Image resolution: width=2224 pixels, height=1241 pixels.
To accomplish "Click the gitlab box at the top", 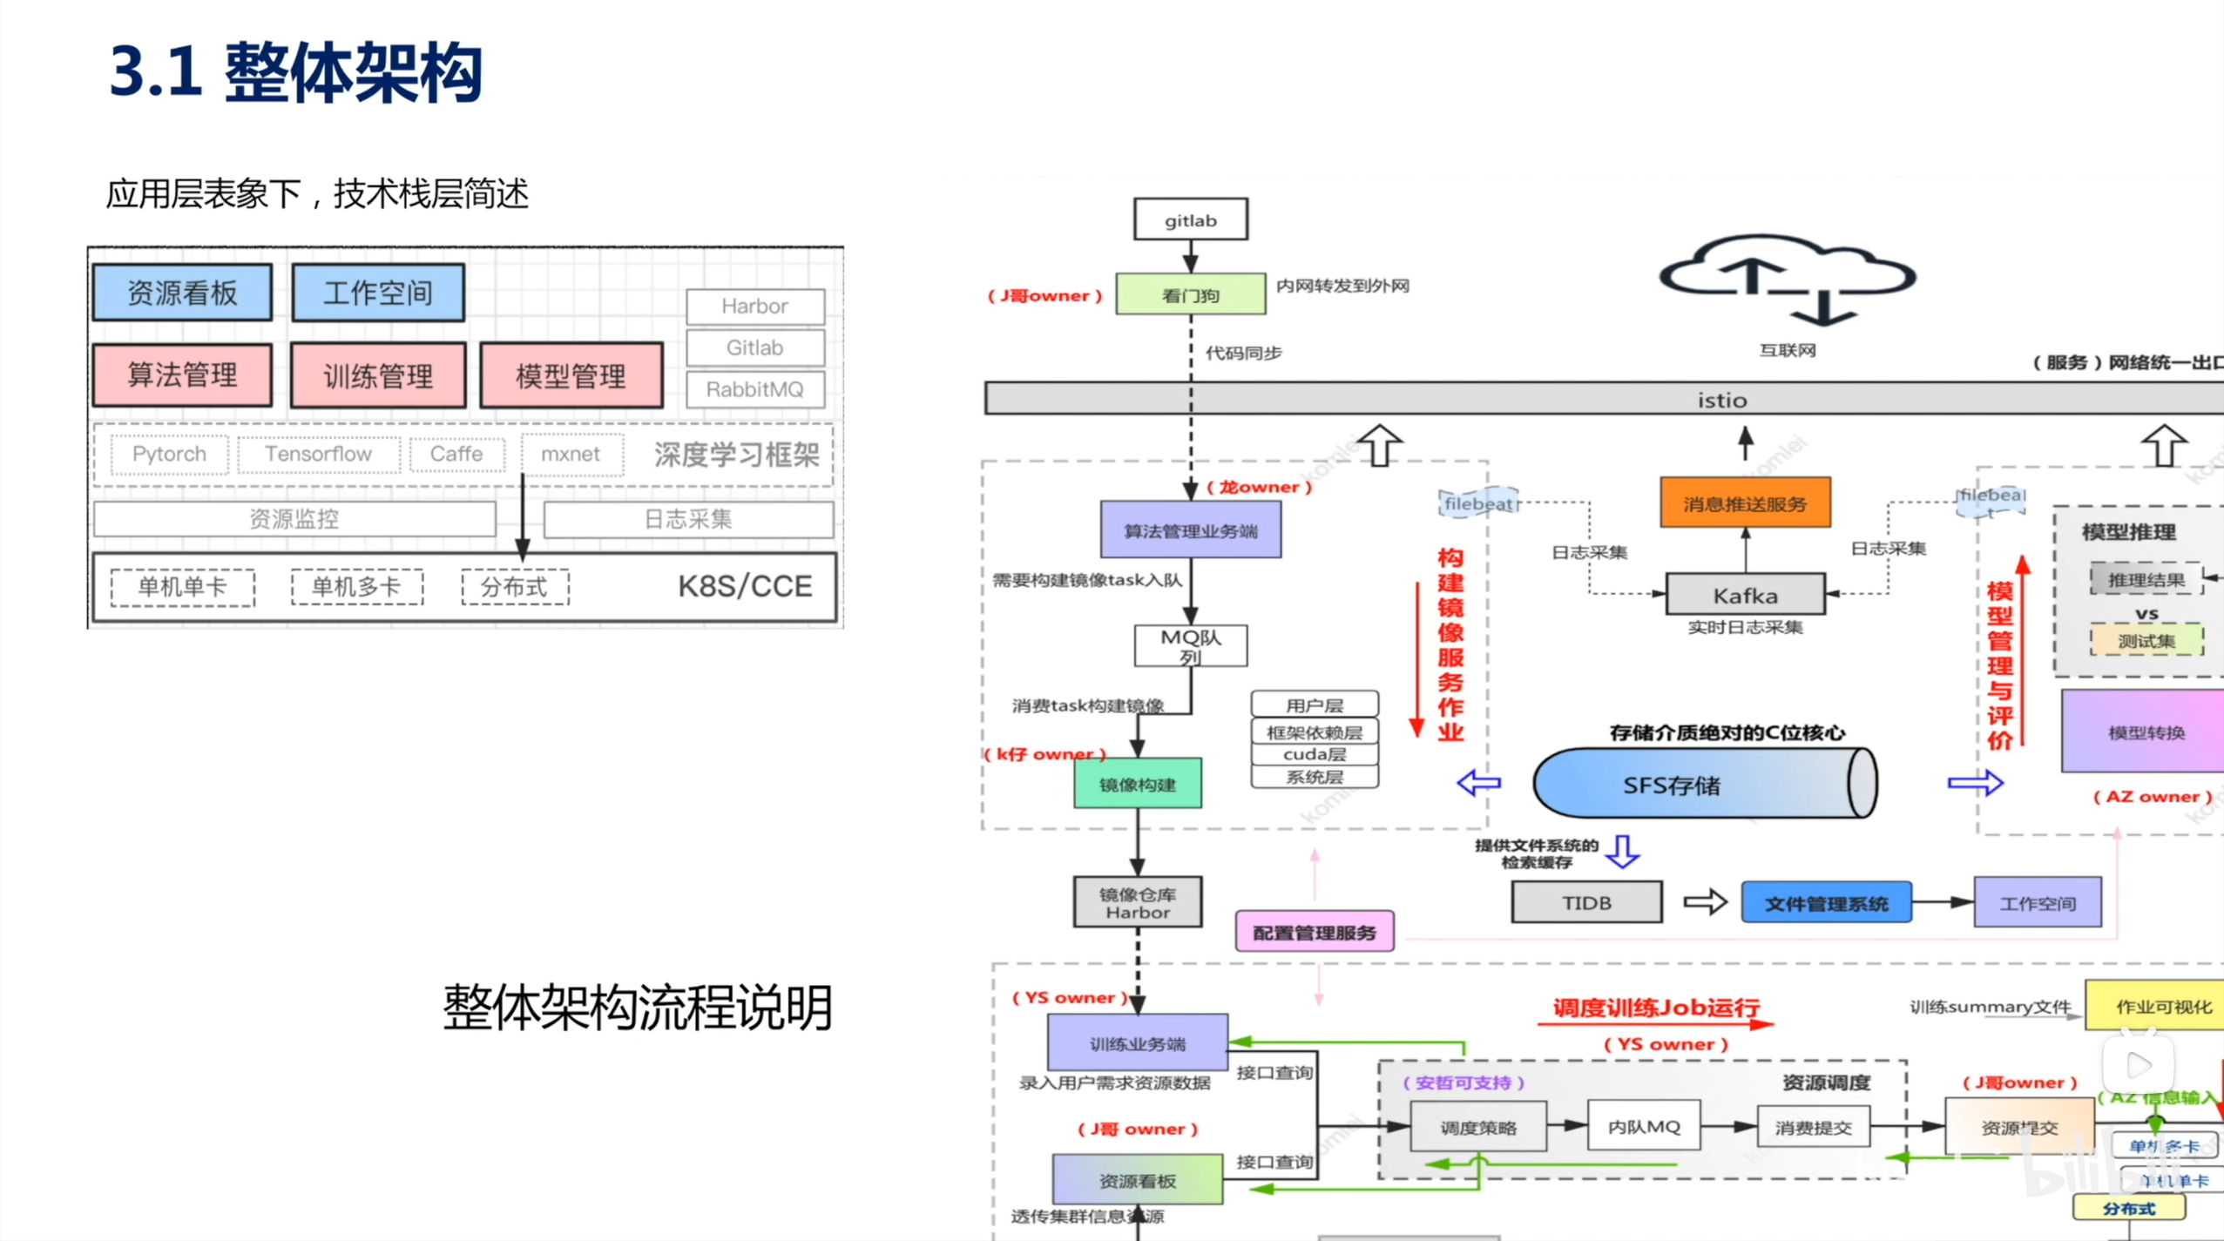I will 1190,219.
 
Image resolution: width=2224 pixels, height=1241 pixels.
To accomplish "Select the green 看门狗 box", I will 1190,294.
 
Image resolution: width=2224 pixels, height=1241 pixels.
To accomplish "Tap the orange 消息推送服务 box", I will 1745,502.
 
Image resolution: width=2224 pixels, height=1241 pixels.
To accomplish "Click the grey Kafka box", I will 1745,595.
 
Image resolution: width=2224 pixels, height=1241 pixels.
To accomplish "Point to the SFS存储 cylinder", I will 1703,784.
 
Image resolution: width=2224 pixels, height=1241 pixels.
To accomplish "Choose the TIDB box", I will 1586,902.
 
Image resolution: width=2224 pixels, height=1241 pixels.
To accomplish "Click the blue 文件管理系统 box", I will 1826,903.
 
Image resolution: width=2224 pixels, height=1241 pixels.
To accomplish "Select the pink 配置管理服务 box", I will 1314,932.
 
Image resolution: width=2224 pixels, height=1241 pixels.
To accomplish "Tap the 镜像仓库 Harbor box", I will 1137,902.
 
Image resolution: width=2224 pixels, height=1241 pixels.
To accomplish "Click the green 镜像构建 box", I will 1137,784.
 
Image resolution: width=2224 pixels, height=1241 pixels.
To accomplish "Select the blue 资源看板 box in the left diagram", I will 182,293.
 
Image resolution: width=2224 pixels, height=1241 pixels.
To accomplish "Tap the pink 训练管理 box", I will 378,376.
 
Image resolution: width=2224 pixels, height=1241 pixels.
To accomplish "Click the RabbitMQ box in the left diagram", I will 754,389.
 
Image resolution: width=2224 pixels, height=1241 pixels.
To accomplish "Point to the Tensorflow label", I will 318,454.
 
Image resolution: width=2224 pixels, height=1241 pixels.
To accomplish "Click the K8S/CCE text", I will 745,586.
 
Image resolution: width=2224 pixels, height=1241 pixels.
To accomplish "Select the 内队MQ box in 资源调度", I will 1644,1126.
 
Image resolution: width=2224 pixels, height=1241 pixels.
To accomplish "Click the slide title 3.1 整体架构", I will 296,71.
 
